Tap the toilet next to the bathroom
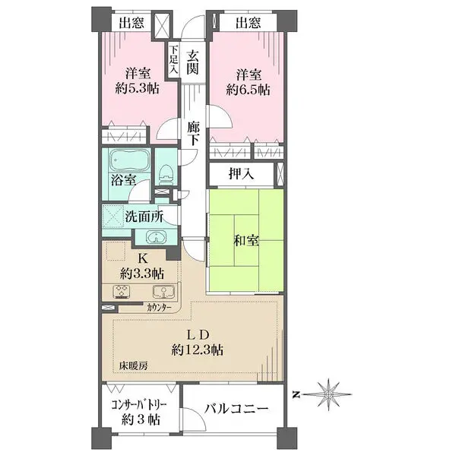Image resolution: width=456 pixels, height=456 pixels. (166, 174)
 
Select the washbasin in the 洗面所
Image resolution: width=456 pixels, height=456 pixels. (156, 237)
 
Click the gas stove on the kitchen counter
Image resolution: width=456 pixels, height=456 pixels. (122, 292)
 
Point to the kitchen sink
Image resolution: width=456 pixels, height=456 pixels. (164, 292)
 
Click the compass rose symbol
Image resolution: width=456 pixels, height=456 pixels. (328, 394)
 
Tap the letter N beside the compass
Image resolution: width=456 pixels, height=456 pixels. (296, 395)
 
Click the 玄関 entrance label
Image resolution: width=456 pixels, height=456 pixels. (192, 62)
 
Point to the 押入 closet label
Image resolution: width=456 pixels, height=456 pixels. (242, 174)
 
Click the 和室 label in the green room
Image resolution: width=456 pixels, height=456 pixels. (246, 240)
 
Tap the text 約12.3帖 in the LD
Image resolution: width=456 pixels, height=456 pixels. (198, 350)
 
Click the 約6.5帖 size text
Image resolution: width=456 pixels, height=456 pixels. (248, 90)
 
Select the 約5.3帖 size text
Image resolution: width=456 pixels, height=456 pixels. (138, 88)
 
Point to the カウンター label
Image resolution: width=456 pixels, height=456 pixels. (159, 308)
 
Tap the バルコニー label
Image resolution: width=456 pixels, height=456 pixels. (236, 409)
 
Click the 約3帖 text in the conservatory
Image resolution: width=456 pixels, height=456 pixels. (141, 420)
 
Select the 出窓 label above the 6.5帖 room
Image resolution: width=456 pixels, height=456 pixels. (248, 22)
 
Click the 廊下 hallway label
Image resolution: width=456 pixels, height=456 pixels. (193, 134)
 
